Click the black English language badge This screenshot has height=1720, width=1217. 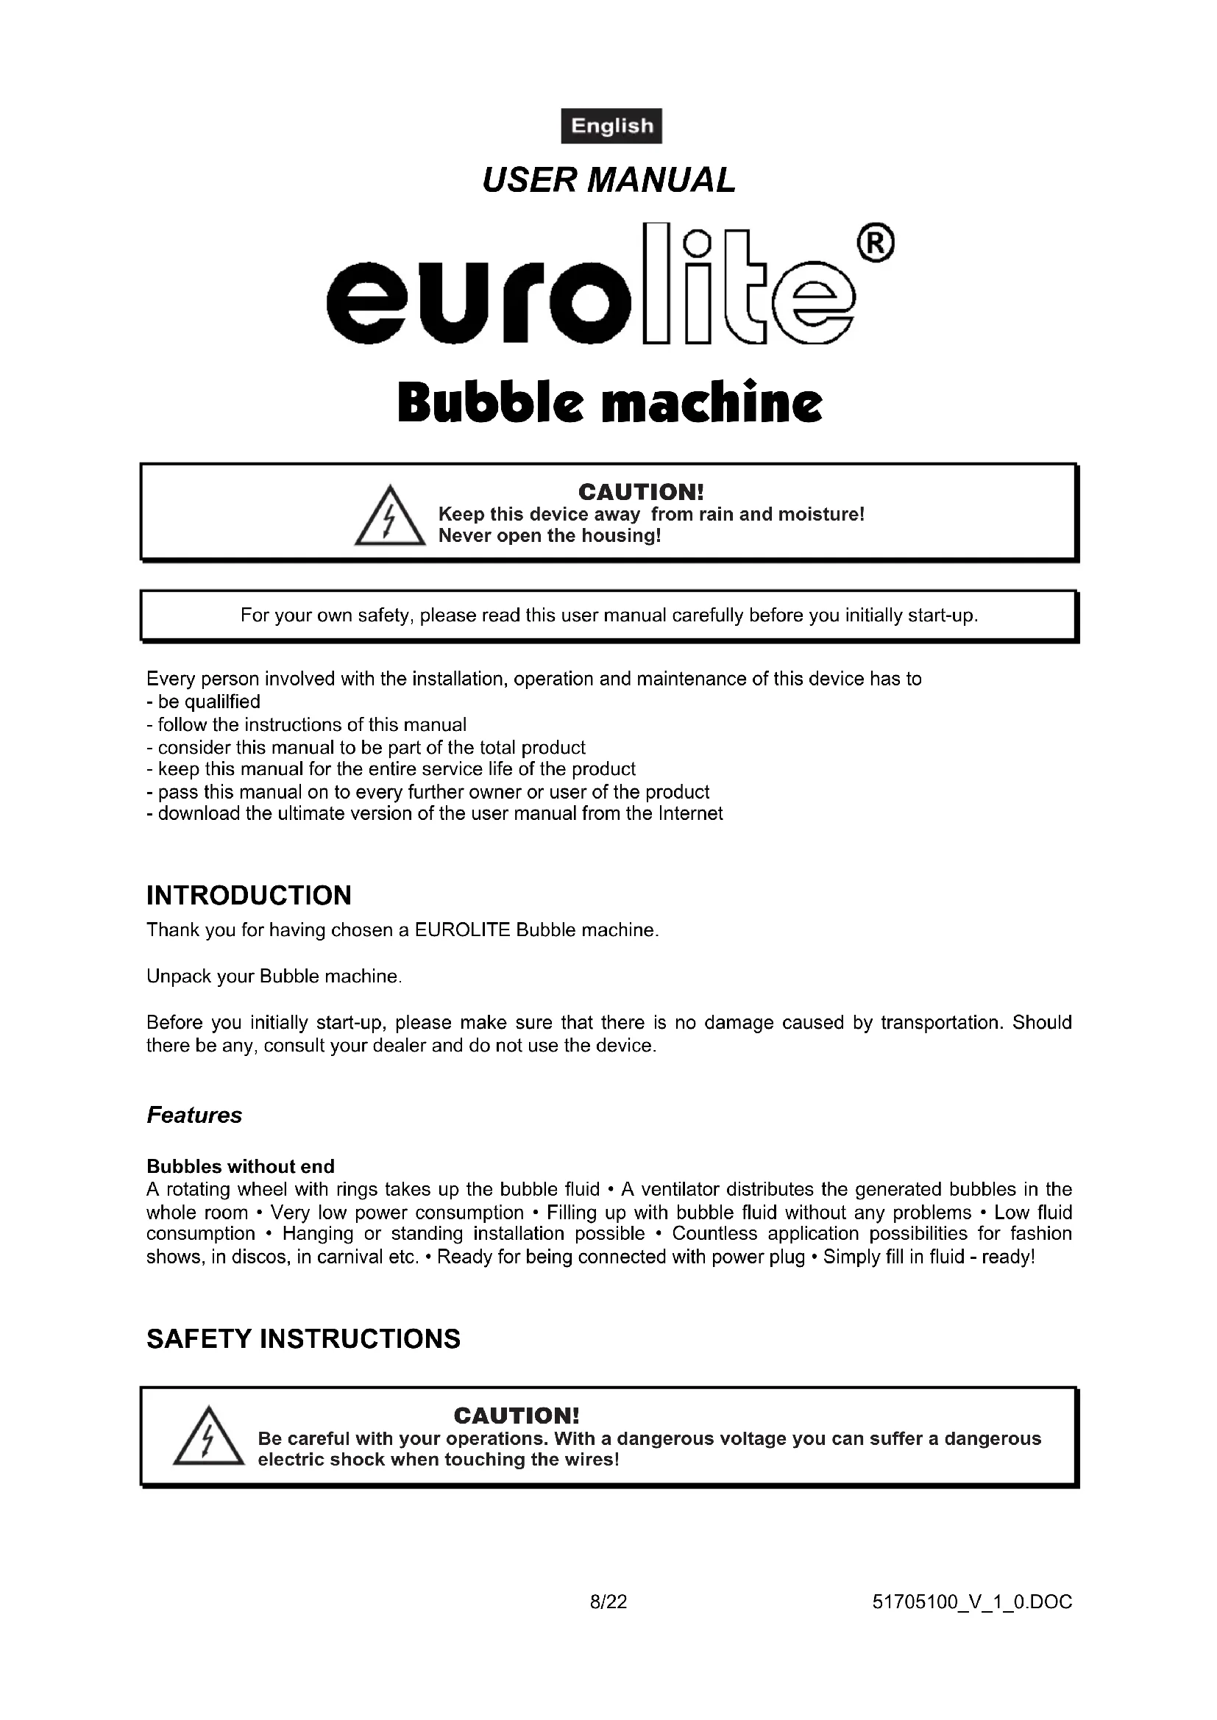pos(611,126)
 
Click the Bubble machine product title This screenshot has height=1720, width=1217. pos(609,402)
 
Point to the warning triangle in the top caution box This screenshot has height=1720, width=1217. pos(389,516)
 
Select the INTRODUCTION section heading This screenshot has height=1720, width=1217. pos(249,895)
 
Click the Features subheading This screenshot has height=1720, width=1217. pos(194,1116)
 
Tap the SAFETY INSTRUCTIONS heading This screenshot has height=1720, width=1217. pos(303,1338)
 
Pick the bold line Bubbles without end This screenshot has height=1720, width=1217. pos(241,1166)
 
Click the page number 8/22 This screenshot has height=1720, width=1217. pos(608,1602)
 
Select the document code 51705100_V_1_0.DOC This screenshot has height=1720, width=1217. pos(972,1602)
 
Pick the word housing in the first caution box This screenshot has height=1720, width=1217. pos(625,536)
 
